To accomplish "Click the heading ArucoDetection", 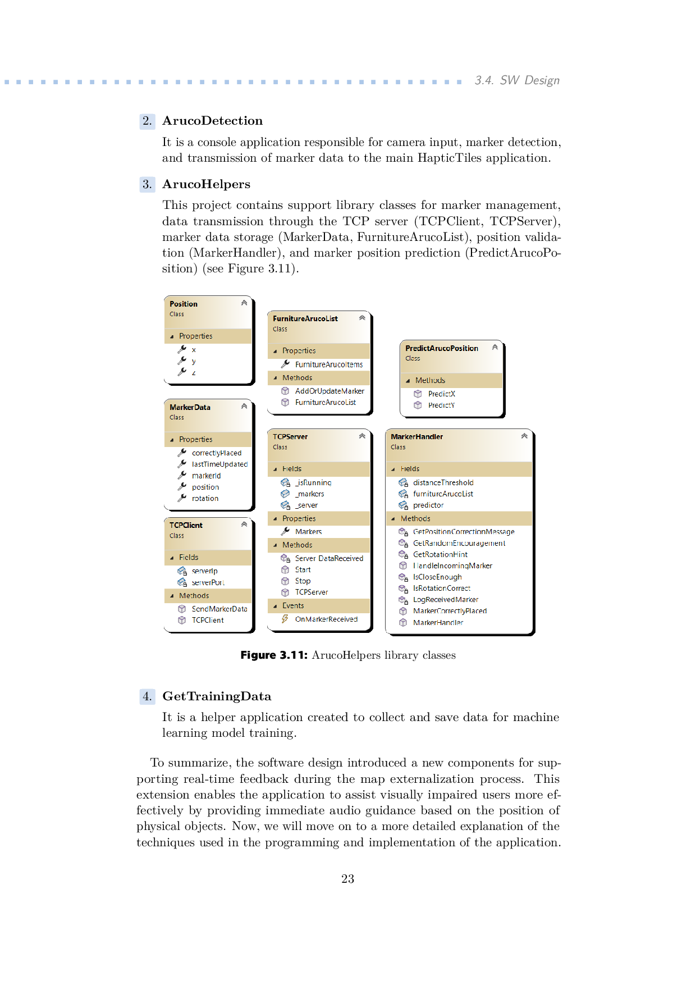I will point(212,121).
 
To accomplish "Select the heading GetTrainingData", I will point(217,696).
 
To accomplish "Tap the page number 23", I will point(347,879).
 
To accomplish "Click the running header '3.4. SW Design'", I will point(517,80).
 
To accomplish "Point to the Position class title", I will point(184,304).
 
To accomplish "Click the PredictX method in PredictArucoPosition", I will point(441,394).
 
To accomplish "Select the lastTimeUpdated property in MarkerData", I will point(219,464).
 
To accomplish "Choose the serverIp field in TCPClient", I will point(204,571).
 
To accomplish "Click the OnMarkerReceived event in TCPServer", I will point(326,619).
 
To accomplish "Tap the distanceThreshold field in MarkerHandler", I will point(443,482).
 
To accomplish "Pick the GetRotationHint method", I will point(440,554).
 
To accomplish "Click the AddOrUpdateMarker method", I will point(329,391).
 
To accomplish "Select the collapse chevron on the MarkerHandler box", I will point(524,436).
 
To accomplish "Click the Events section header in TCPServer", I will point(293,606).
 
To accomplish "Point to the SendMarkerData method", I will point(219,609).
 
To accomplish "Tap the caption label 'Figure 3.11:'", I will point(274,655).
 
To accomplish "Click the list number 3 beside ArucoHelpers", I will point(147,184).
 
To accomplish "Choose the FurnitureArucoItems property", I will point(329,364).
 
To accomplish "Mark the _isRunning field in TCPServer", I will point(313,482).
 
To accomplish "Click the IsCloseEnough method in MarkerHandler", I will point(437,577).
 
